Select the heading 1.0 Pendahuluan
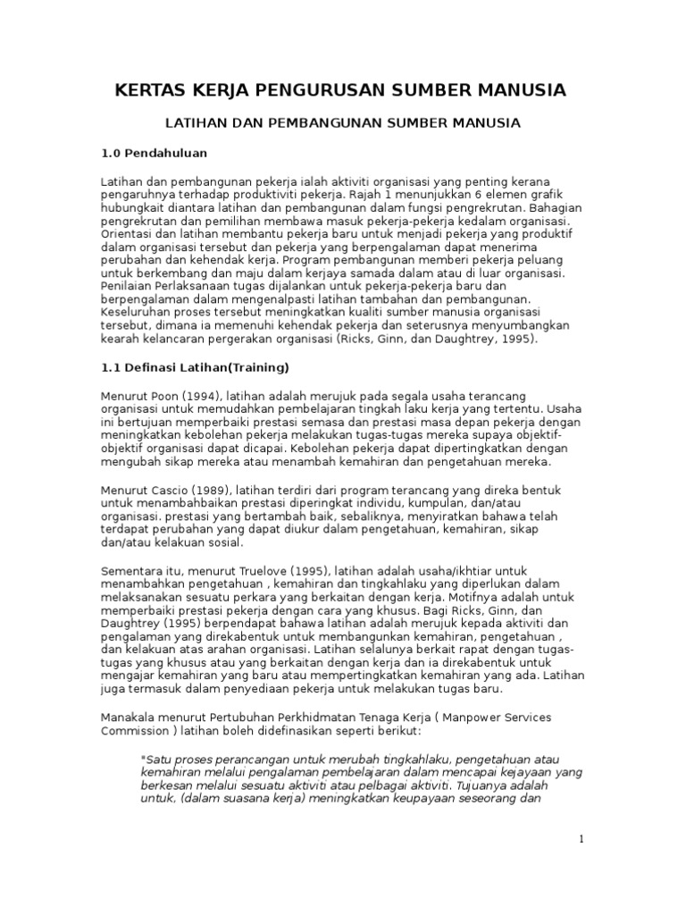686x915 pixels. [x=154, y=154]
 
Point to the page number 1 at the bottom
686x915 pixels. [x=581, y=839]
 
